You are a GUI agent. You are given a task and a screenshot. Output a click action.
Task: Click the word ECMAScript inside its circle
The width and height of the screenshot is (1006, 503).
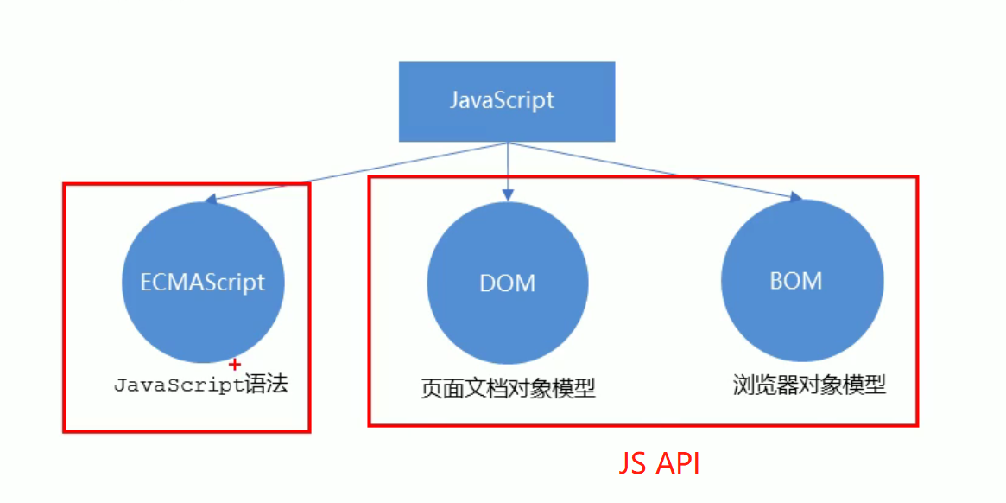coord(203,282)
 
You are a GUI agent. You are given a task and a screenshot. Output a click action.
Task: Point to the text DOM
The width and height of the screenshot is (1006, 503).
coord(508,283)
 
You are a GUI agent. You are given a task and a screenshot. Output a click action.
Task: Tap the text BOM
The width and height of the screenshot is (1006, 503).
coord(795,281)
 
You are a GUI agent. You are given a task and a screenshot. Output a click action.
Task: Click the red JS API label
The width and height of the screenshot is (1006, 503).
coord(659,464)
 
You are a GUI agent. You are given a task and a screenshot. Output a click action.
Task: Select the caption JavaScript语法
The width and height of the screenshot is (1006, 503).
coord(200,385)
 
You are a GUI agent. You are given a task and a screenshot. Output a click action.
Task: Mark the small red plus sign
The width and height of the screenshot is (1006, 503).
coord(234,365)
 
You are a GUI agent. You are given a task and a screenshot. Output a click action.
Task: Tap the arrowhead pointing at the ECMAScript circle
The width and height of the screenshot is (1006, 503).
coord(209,201)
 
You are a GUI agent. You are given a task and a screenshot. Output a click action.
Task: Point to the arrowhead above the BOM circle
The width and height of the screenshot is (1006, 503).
coord(795,199)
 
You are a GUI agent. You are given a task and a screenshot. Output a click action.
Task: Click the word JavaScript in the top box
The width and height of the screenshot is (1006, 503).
coord(502,99)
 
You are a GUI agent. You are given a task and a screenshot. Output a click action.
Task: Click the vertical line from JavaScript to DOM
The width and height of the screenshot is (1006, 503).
coord(508,164)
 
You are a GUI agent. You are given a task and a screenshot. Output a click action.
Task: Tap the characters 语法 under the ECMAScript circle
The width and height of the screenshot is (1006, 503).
coord(266,385)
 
